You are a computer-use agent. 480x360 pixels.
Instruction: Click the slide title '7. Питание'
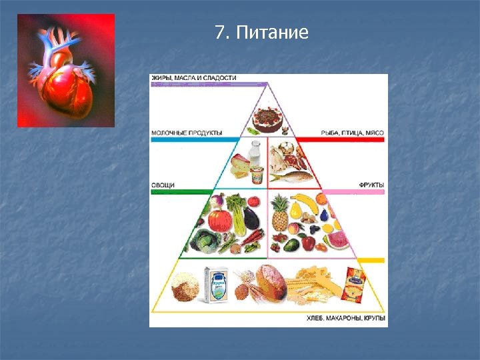262,32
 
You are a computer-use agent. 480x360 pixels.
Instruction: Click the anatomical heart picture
65,70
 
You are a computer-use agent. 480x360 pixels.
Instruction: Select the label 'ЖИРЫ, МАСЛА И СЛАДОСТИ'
194,78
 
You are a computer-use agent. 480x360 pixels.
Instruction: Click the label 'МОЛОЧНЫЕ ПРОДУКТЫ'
187,133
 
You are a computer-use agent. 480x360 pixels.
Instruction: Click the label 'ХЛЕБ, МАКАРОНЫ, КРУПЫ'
346,320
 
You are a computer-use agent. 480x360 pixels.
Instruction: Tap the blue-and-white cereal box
217,285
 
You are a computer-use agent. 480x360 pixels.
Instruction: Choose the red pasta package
353,283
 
